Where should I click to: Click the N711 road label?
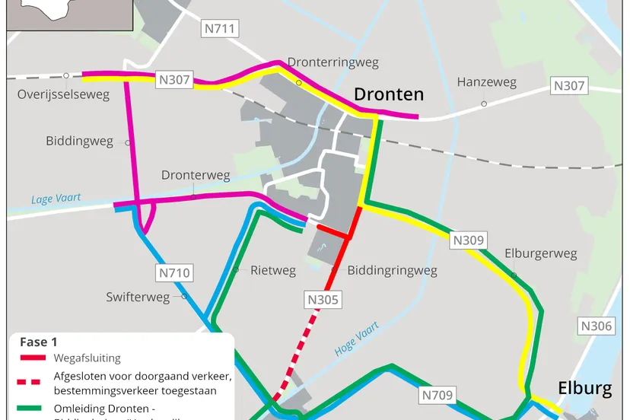click(x=221, y=30)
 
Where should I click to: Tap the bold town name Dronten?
click(x=388, y=94)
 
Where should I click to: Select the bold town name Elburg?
click(x=584, y=389)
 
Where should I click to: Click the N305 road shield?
click(x=323, y=300)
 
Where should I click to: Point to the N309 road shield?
click(x=468, y=240)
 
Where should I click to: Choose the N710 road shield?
click(x=174, y=272)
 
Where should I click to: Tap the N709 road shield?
click(x=437, y=395)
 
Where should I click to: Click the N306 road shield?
click(x=596, y=326)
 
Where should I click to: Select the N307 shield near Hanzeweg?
click(x=568, y=86)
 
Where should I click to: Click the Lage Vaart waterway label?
click(x=55, y=199)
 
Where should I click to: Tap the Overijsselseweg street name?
click(x=63, y=95)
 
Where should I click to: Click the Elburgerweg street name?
click(x=540, y=253)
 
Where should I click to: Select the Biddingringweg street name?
click(x=392, y=270)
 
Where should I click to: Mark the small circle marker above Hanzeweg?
click(x=484, y=103)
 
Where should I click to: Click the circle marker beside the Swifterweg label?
click(x=184, y=297)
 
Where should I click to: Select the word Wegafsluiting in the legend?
click(x=87, y=358)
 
